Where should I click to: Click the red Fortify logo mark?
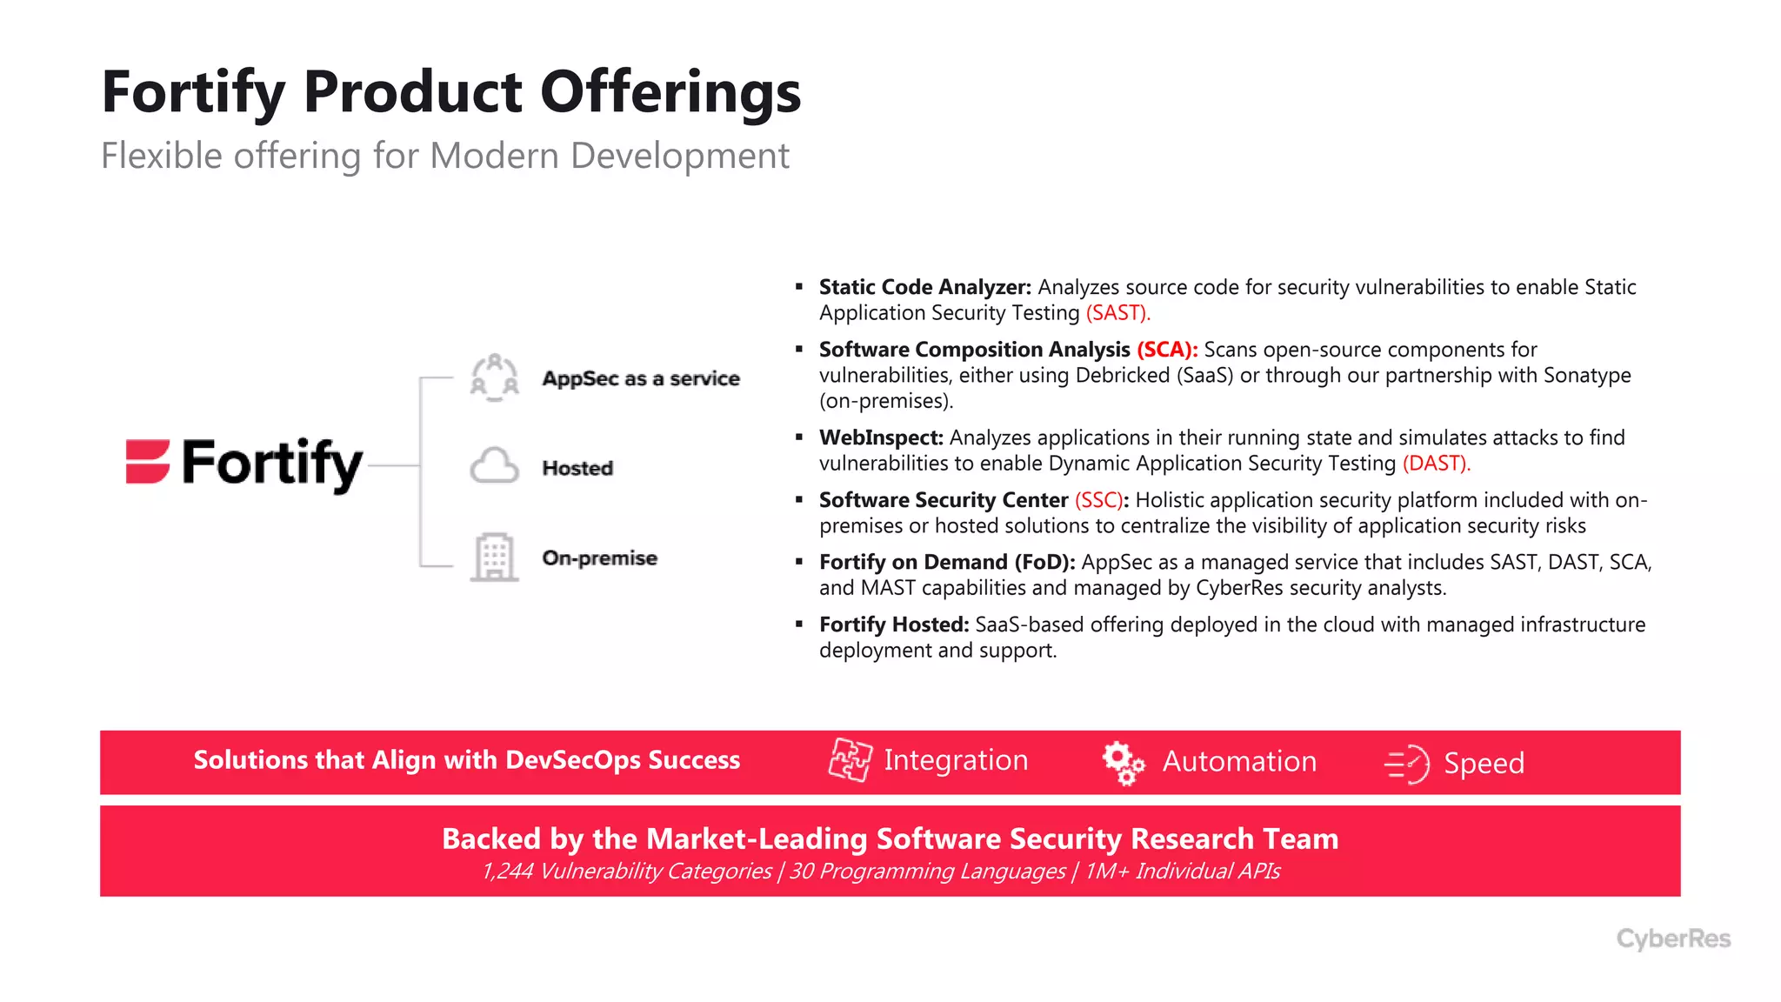[x=148, y=461]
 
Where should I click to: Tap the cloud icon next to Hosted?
[x=494, y=466]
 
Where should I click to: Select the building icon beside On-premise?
[x=494, y=557]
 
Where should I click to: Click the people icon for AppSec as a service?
[x=494, y=377]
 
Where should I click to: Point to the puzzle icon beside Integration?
[x=849, y=760]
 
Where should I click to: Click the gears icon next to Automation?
[x=1123, y=763]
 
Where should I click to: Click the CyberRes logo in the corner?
[x=1673, y=939]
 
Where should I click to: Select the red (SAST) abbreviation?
[x=1117, y=313]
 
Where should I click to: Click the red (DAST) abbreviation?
[x=1436, y=464]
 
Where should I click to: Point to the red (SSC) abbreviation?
[x=1098, y=500]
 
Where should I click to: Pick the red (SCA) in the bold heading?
[x=1166, y=350]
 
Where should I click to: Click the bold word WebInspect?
[x=880, y=438]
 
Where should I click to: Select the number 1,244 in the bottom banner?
[x=507, y=872]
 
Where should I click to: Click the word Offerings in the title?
[x=670, y=92]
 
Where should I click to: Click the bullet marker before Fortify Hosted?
[x=799, y=624]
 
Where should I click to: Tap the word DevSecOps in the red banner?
[x=572, y=760]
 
